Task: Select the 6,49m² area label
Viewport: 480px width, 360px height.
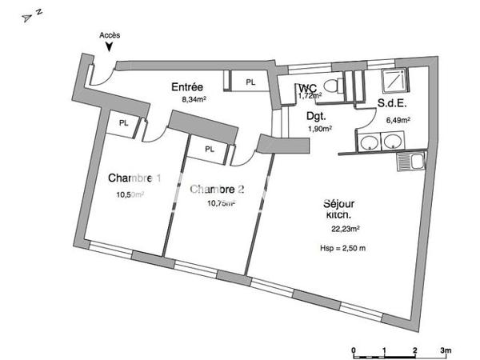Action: (398, 120)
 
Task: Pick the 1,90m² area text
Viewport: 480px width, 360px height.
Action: (319, 129)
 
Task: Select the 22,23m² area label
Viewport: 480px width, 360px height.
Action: (345, 228)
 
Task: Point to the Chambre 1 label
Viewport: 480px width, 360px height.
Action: (134, 178)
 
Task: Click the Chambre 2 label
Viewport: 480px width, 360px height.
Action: (216, 190)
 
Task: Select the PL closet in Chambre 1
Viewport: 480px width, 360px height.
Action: (123, 123)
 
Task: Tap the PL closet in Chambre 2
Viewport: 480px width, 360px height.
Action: (209, 149)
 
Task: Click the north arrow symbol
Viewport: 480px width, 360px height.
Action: (30, 14)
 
